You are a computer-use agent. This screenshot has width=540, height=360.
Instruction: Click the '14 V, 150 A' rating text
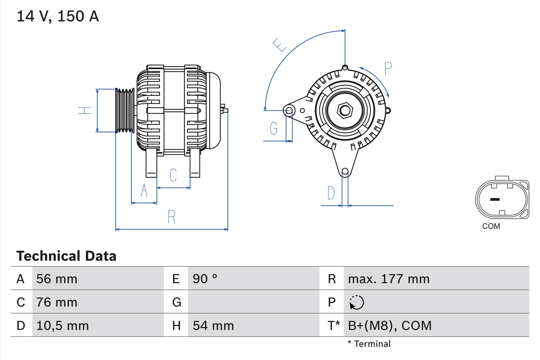pyautogui.click(x=58, y=16)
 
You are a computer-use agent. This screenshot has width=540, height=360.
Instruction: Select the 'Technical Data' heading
pyautogui.click(x=66, y=256)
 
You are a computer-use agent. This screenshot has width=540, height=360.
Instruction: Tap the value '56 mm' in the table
pyautogui.click(x=57, y=279)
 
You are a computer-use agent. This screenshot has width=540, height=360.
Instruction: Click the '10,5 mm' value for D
pyautogui.click(x=62, y=325)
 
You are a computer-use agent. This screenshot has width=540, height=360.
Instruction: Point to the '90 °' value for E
pyautogui.click(x=205, y=279)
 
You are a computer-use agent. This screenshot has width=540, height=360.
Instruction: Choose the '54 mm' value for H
pyautogui.click(x=213, y=325)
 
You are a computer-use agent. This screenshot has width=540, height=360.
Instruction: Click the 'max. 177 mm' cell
pyautogui.click(x=389, y=279)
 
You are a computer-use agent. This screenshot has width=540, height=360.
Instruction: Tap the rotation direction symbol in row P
pyautogui.click(x=356, y=302)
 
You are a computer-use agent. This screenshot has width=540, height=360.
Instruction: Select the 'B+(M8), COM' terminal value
pyautogui.click(x=389, y=325)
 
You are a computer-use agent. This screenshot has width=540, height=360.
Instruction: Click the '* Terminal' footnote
pyautogui.click(x=369, y=344)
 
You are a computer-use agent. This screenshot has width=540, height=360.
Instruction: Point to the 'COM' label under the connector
pyautogui.click(x=491, y=226)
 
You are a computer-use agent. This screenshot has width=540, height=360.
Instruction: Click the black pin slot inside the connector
pyautogui.click(x=494, y=199)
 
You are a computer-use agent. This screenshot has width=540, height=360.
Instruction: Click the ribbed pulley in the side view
pyautogui.click(x=125, y=111)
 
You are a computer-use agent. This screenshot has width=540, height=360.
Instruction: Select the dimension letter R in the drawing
pyautogui.click(x=171, y=217)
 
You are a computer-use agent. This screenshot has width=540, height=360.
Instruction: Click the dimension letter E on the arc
pyautogui.click(x=279, y=45)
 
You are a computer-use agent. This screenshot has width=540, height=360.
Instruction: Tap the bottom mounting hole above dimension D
pyautogui.click(x=345, y=171)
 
